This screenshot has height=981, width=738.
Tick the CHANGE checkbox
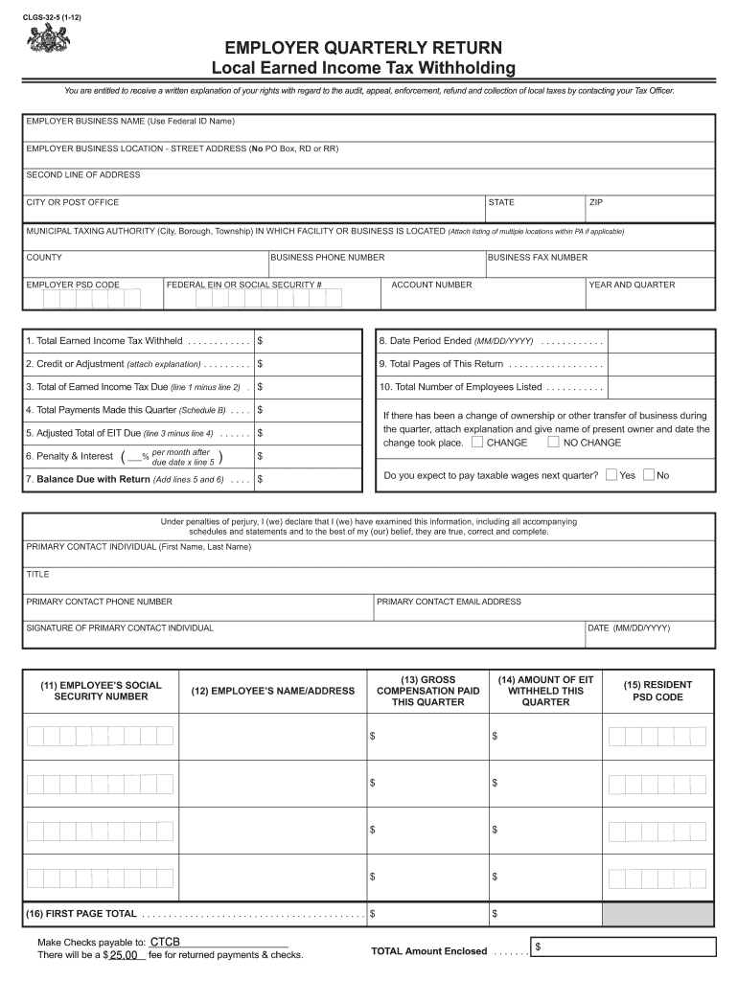(x=477, y=443)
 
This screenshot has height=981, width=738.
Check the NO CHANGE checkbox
(x=553, y=443)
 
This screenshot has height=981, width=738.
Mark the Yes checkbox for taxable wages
(x=611, y=475)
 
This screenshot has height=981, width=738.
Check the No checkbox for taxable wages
(x=649, y=475)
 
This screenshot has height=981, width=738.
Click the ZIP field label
(x=596, y=202)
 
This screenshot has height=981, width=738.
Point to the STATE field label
(x=501, y=202)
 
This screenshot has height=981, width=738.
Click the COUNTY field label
(x=44, y=258)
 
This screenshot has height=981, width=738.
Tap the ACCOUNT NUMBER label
(x=431, y=285)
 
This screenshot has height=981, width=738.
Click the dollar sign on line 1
(x=261, y=341)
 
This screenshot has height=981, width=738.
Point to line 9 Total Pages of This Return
(x=441, y=364)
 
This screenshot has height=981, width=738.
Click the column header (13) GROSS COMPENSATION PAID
(x=427, y=690)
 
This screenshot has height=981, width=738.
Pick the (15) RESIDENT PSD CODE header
(x=657, y=691)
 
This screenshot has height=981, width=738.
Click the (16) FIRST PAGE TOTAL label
(x=81, y=914)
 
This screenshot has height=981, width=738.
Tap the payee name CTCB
(x=165, y=942)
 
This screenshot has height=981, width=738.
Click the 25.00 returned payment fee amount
(x=126, y=955)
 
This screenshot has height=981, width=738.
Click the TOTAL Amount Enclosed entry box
(x=623, y=947)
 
